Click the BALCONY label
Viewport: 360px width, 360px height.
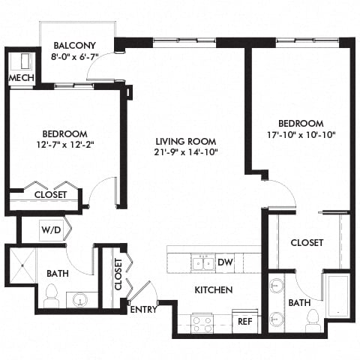[x=73, y=44]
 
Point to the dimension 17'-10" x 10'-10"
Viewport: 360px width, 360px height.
[x=301, y=136]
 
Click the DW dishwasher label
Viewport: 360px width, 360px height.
[x=224, y=262]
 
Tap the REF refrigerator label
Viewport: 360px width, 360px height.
[x=244, y=321]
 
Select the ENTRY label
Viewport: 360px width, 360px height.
[x=142, y=309]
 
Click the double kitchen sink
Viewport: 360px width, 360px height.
[x=201, y=262]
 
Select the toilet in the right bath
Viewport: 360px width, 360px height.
[x=313, y=319]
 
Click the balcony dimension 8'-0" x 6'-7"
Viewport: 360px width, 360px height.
[x=73, y=56]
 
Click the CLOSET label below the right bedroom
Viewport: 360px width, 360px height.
[x=307, y=243]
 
